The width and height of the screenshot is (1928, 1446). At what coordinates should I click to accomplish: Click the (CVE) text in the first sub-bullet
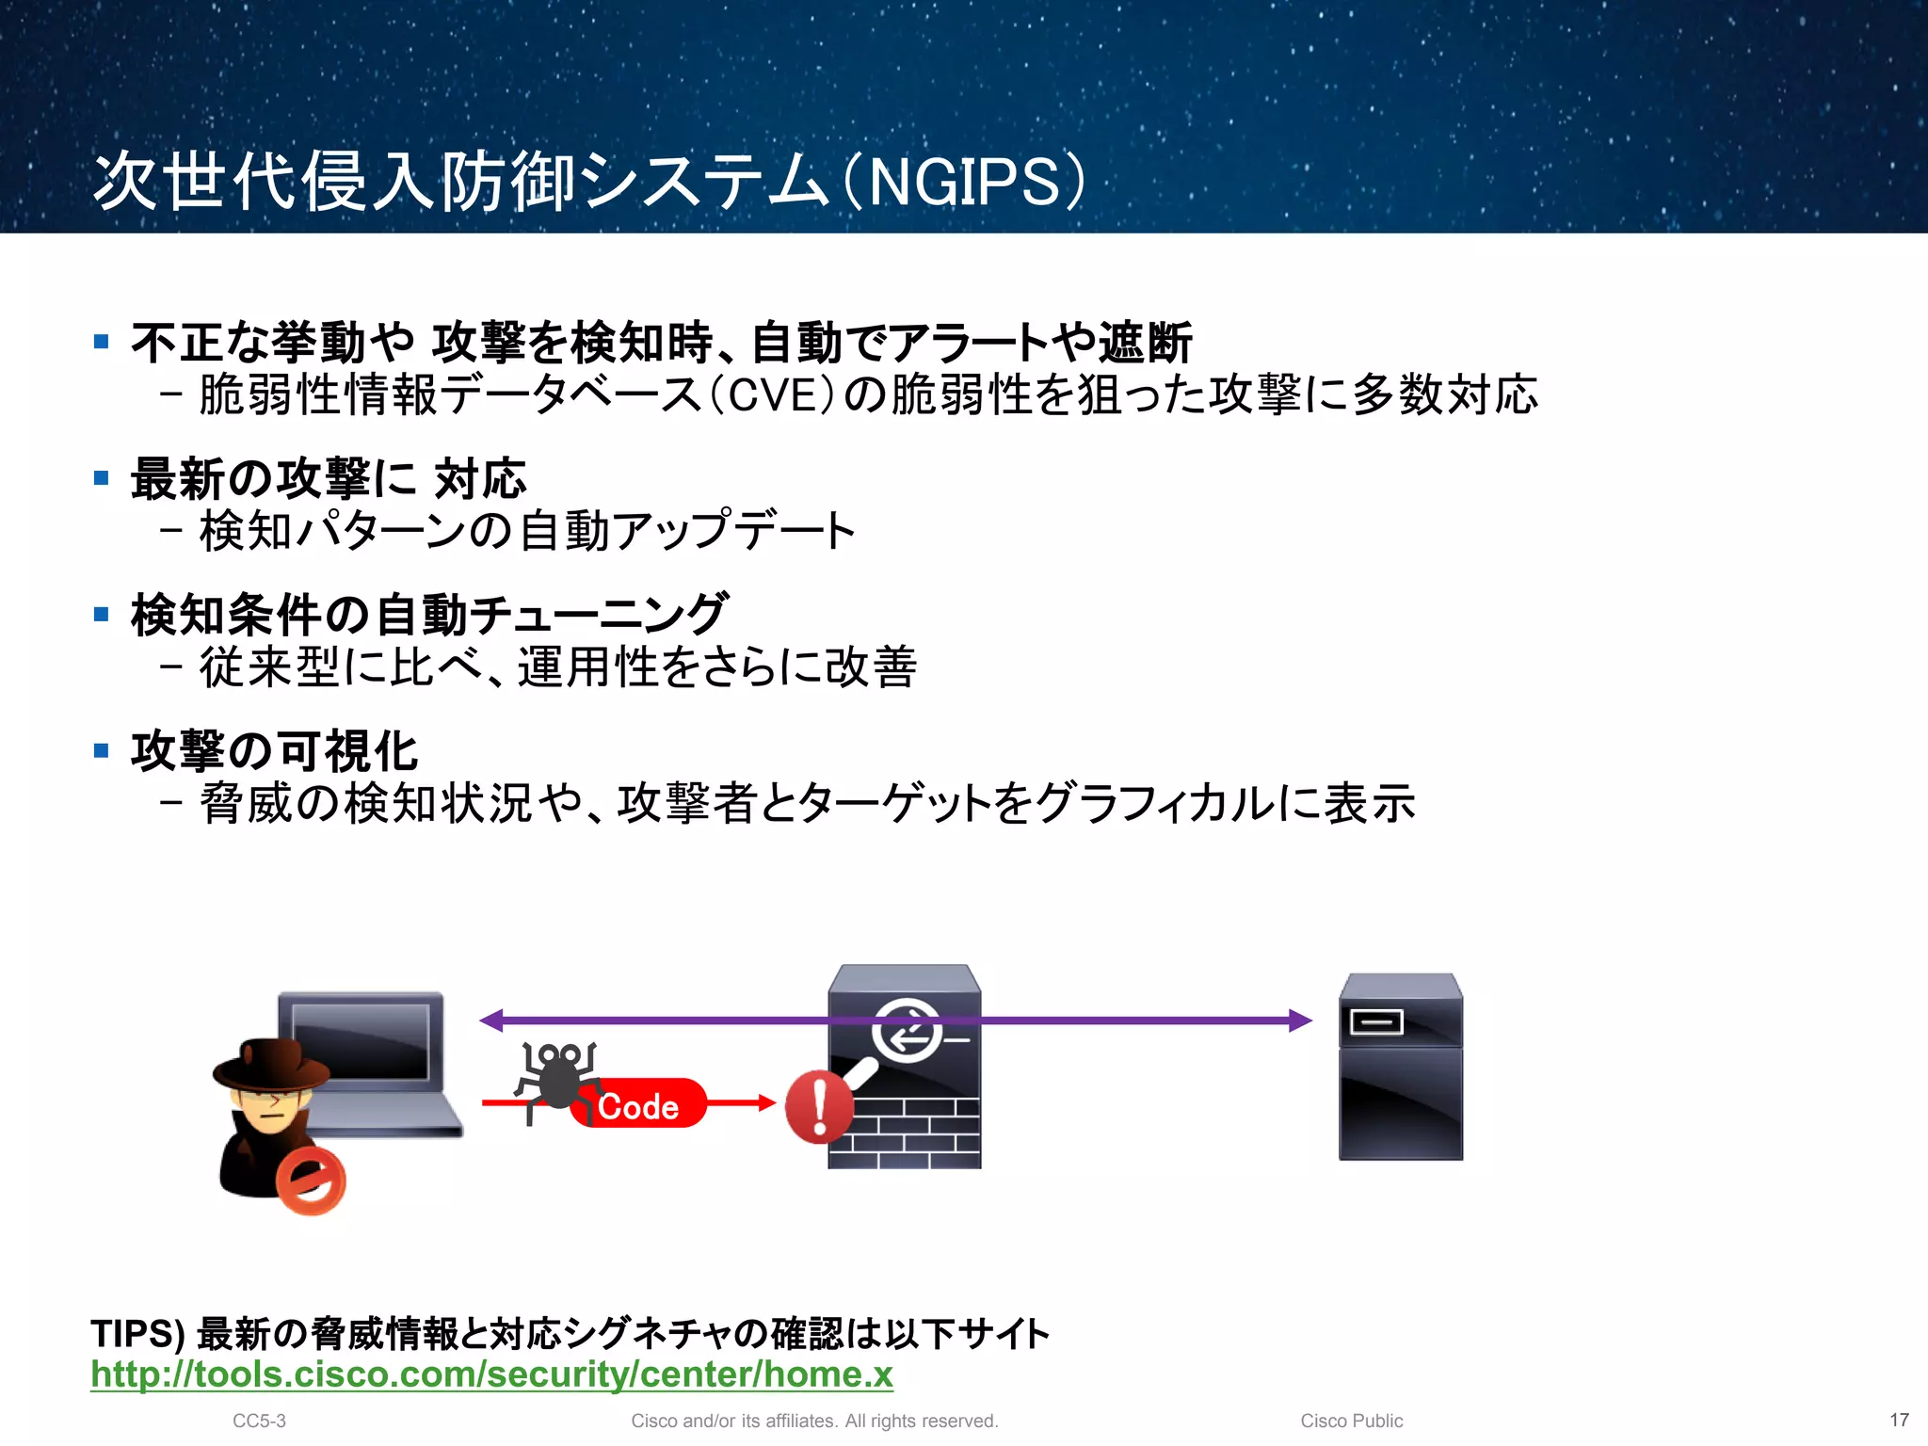(x=770, y=395)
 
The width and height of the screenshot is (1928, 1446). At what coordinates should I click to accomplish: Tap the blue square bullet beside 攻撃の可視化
(x=102, y=750)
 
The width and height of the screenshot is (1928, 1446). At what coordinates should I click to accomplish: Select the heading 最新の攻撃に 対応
(x=329, y=478)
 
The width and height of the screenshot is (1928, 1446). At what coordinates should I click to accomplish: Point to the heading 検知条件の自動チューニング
(x=429, y=615)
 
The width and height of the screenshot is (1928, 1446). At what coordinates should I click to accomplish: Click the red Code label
(x=638, y=1106)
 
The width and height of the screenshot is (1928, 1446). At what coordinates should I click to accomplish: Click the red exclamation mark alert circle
(x=819, y=1107)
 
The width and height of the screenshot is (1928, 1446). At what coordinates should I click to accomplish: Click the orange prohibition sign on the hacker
(x=311, y=1181)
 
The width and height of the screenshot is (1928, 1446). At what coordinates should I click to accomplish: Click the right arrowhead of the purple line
(x=1300, y=1020)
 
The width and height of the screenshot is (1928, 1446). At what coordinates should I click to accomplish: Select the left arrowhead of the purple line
(x=491, y=1020)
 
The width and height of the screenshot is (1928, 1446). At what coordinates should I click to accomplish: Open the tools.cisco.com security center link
(x=491, y=1374)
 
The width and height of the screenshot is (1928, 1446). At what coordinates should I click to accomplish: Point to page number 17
(x=1899, y=1420)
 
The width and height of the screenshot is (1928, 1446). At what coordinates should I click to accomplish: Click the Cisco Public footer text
(x=1351, y=1421)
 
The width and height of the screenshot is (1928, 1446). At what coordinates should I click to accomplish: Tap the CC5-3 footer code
(x=259, y=1421)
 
